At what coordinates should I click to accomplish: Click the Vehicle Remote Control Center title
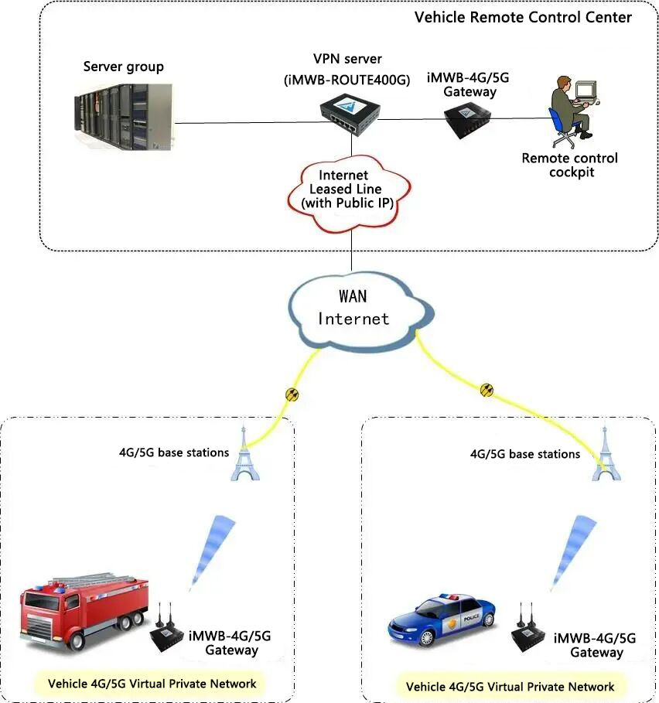tap(523, 17)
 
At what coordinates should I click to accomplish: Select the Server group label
tap(124, 67)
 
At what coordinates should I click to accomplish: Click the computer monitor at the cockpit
tap(586, 90)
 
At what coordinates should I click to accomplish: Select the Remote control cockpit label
tap(570, 165)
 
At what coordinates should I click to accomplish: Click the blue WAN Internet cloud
tap(353, 308)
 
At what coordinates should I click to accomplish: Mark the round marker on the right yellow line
tap(487, 389)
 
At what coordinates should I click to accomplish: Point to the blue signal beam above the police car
tap(575, 545)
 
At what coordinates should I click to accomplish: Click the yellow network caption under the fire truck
tap(152, 684)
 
